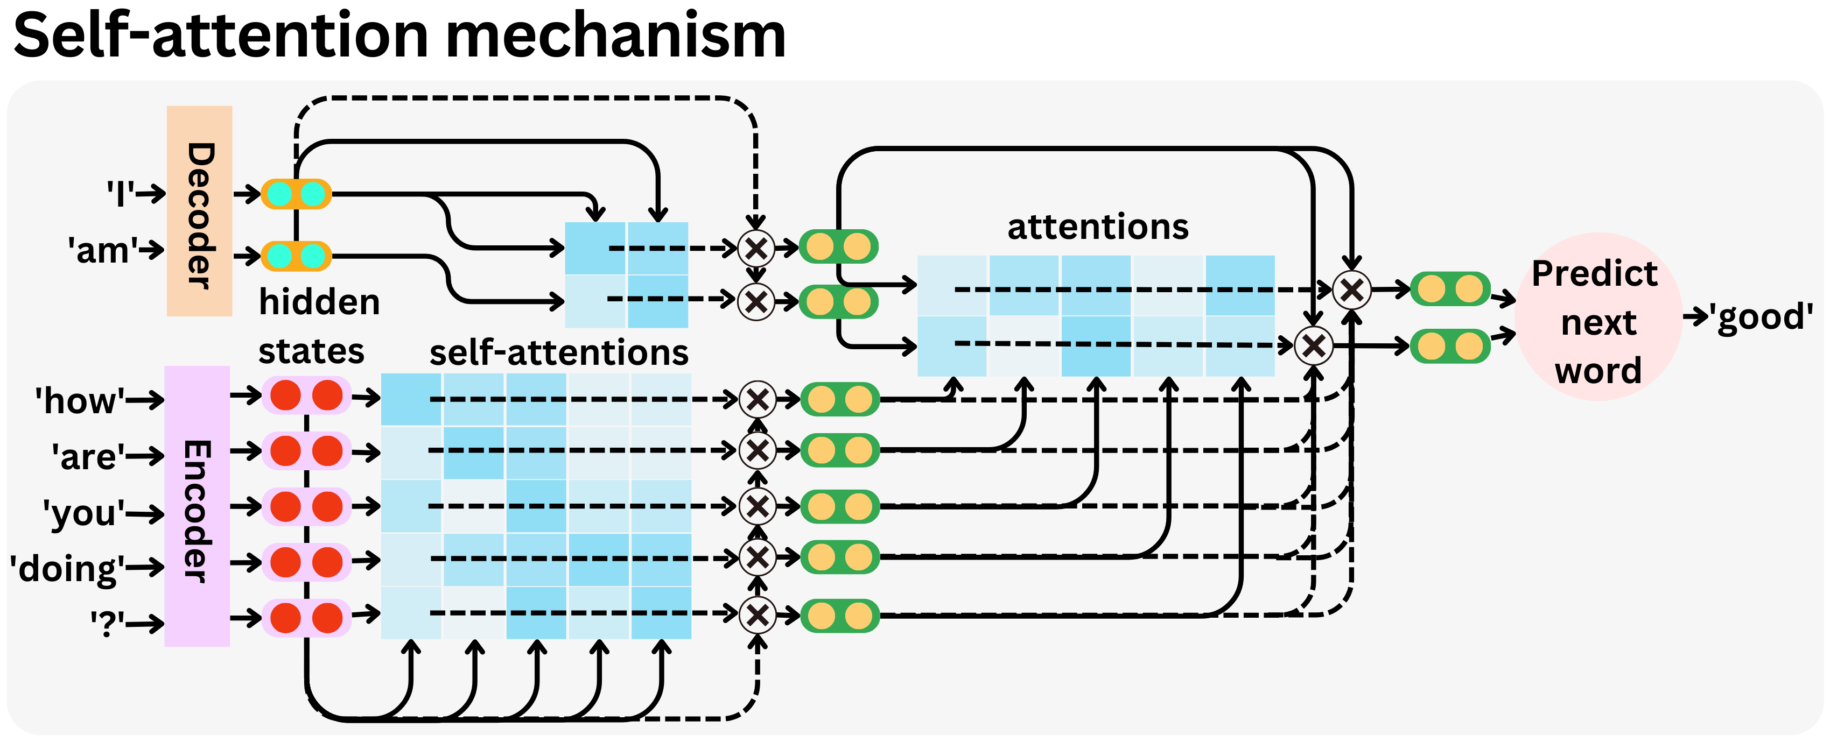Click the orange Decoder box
coord(199,211)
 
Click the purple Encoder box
coord(197,506)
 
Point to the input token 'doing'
coord(67,569)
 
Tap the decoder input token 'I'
coord(120,193)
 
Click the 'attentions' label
coord(1098,227)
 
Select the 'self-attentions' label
coord(558,352)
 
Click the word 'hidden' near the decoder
coord(319,302)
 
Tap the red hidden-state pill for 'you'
coord(306,507)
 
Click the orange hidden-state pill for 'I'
coord(296,194)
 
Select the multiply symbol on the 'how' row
coord(758,399)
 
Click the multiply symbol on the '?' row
coord(758,615)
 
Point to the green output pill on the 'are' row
coord(840,450)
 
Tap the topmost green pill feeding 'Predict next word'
coord(1449,289)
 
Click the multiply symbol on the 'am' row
coord(756,301)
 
